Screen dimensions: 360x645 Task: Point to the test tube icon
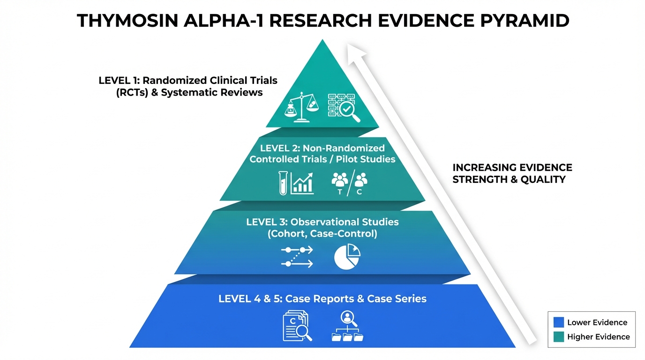(x=283, y=182)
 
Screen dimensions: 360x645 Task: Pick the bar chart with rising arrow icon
(x=302, y=183)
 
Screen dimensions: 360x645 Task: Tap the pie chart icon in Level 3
(x=347, y=257)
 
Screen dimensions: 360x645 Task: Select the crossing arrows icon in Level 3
(x=297, y=257)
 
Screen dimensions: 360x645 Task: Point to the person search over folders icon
(x=347, y=326)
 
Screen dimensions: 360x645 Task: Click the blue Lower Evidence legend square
(x=558, y=322)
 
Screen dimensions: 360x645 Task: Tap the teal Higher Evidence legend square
(x=558, y=337)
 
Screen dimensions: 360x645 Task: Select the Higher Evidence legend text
(x=599, y=337)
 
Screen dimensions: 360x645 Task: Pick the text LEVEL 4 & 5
(x=249, y=299)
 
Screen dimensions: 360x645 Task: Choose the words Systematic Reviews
(x=212, y=92)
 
